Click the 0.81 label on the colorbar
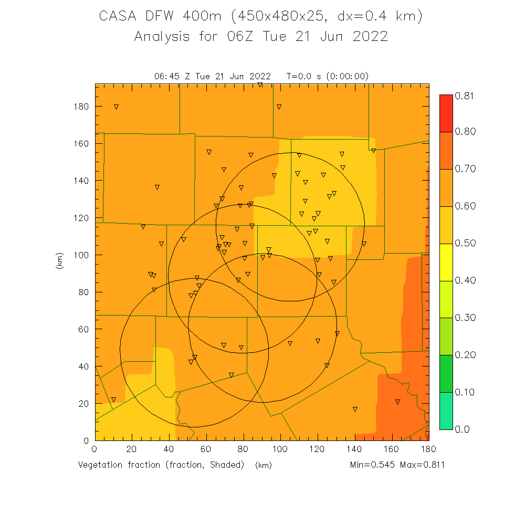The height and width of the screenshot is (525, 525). pyautogui.click(x=464, y=96)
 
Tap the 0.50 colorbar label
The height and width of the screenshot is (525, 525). pyautogui.click(x=464, y=243)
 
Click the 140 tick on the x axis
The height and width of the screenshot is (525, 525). pyautogui.click(x=354, y=448)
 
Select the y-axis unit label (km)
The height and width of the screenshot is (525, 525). pyautogui.click(x=59, y=262)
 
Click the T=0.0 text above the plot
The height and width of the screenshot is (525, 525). pyautogui.click(x=299, y=76)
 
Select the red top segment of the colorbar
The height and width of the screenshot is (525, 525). pyautogui.click(x=446, y=105)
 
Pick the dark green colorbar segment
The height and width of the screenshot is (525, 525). pyautogui.click(x=446, y=373)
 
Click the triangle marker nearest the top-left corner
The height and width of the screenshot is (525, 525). pyautogui.click(x=116, y=107)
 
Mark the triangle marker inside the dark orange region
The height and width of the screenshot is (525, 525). pyautogui.click(x=397, y=402)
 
